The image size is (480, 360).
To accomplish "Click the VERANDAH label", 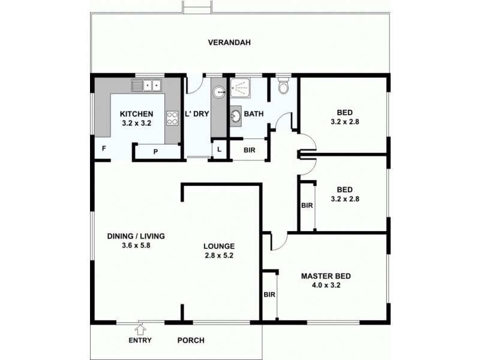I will (x=229, y=43).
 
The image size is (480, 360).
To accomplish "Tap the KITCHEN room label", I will (x=137, y=115).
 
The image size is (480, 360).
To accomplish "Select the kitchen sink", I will (x=147, y=86).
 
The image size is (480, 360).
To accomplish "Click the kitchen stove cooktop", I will (x=172, y=118).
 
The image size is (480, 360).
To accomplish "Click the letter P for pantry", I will (x=155, y=152).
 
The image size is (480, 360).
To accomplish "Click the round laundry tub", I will (x=220, y=92).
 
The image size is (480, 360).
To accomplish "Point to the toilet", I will (x=284, y=88).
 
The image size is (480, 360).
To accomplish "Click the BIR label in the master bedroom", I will (x=269, y=295).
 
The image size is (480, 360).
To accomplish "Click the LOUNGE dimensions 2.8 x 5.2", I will (x=218, y=256).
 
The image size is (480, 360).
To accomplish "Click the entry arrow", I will (x=140, y=329).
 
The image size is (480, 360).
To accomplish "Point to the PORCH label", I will (x=191, y=340).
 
